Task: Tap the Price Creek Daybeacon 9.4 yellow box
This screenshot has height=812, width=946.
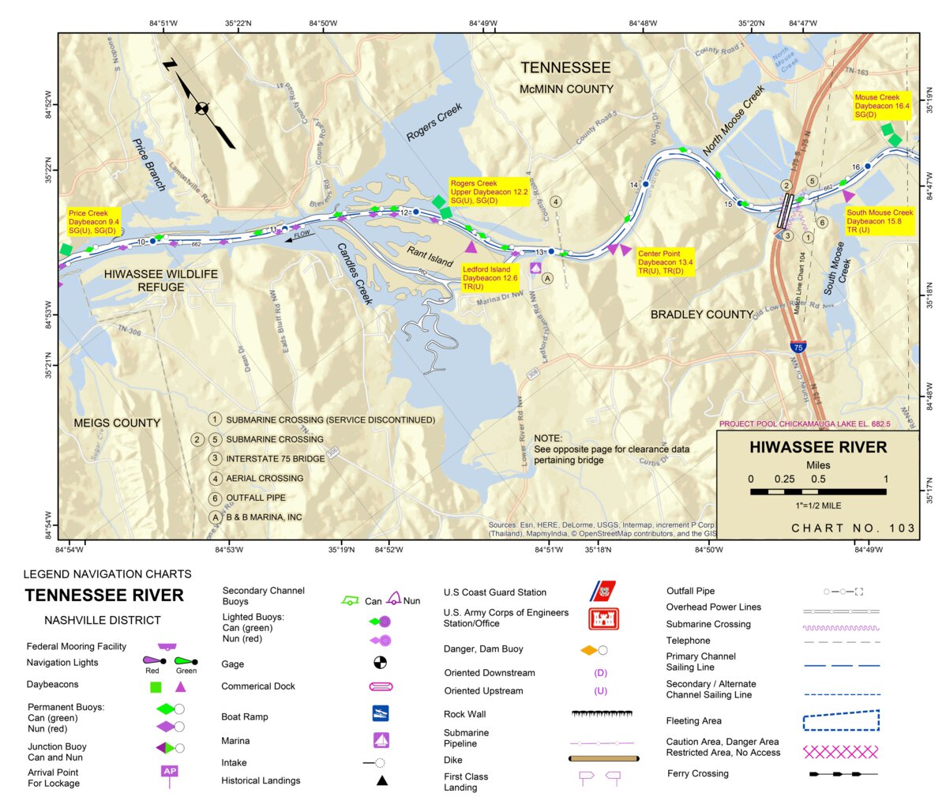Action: point(93,222)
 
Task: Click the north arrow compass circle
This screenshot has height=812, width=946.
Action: point(202,108)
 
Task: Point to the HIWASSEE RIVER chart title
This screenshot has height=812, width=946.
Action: point(818,447)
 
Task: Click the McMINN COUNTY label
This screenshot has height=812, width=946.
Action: point(565,89)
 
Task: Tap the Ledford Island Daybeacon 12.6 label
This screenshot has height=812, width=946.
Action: point(490,278)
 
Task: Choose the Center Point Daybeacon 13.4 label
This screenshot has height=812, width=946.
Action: point(665,262)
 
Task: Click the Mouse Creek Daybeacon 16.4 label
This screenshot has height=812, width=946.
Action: point(881,106)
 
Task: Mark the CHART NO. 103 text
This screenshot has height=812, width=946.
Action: point(853,528)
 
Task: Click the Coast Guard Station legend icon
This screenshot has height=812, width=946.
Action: point(604,592)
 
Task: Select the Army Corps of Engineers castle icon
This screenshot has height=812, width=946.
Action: point(604,618)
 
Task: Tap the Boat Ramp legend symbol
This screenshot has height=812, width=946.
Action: point(381,713)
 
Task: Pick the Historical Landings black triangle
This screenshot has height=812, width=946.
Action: point(381,780)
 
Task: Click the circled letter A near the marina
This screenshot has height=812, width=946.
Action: point(547,278)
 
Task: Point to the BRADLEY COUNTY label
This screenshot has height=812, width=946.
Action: point(701,314)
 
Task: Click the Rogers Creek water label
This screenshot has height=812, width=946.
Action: point(434,123)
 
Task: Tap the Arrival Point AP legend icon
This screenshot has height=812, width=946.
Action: point(169,772)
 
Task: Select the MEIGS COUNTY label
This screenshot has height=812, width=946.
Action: point(117,423)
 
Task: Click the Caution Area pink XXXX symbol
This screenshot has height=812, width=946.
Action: point(840,751)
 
